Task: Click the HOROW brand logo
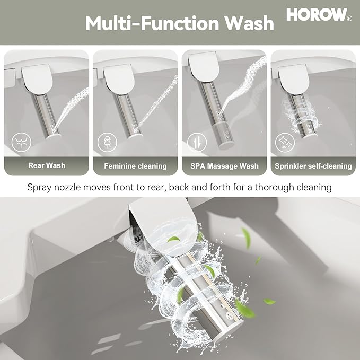[316, 15]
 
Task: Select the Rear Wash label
[46, 165]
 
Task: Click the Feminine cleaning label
[135, 166]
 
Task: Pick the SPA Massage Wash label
[224, 166]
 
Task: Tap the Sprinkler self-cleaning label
[313, 166]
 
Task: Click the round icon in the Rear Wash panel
[22, 142]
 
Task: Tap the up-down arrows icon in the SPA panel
[196, 142]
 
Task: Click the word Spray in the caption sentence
[42, 187]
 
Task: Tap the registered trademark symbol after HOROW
[349, 18]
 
